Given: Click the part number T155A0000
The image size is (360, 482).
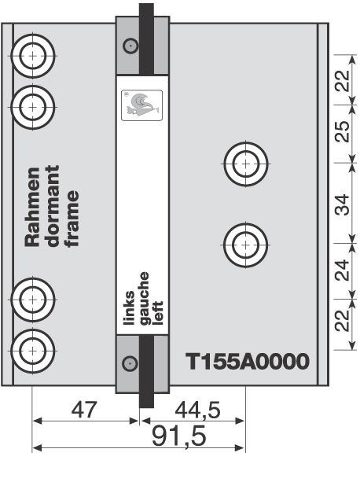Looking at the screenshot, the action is (x=248, y=362).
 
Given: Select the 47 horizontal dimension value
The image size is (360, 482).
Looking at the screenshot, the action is (x=84, y=410).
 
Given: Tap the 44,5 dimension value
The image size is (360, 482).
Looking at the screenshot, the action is (x=197, y=410).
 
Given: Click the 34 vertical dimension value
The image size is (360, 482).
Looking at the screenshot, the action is (x=342, y=204).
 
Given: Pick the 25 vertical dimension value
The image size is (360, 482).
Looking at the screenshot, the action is (x=342, y=131).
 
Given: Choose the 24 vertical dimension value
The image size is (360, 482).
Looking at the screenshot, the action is (x=342, y=270).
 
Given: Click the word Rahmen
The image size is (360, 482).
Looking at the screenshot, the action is (x=32, y=207).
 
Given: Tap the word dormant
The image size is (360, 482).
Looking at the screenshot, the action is (x=53, y=206).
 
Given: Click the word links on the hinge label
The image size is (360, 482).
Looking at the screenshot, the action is (x=129, y=307).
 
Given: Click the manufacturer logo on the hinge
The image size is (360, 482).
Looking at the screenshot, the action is (x=142, y=105).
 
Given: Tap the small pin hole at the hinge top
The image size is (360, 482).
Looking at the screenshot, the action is (x=130, y=46).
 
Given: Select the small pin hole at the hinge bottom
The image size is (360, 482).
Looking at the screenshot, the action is (x=130, y=363).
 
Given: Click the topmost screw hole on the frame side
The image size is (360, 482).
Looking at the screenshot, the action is (x=32, y=56).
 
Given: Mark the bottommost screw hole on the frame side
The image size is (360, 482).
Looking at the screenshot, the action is (x=32, y=351).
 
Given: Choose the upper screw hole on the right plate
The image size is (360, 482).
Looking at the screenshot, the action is (x=245, y=164).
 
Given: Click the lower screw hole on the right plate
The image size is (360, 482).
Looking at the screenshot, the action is (x=245, y=245).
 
